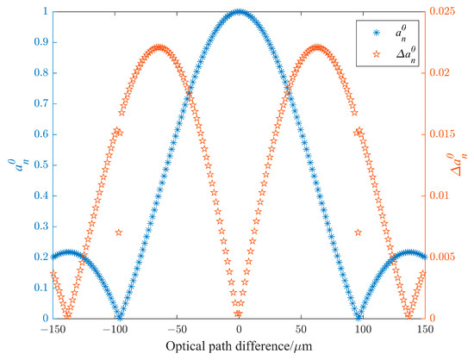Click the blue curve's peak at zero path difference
(x=239, y=13)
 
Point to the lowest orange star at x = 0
(x=239, y=316)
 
